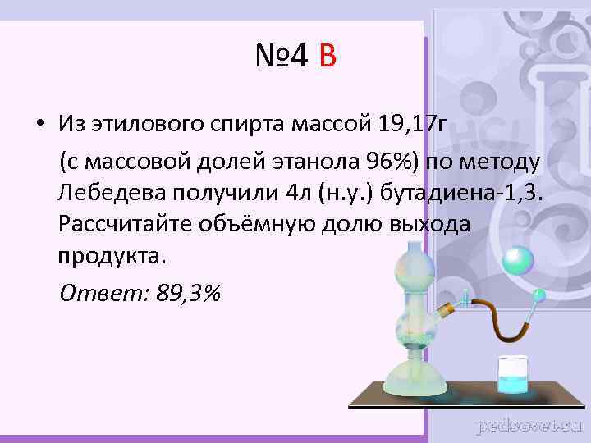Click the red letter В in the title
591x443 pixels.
(x=327, y=57)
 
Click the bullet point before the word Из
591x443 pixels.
(x=39, y=125)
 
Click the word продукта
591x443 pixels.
(x=111, y=255)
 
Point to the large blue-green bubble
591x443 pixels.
(x=518, y=260)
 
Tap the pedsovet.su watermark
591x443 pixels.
(x=529, y=425)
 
